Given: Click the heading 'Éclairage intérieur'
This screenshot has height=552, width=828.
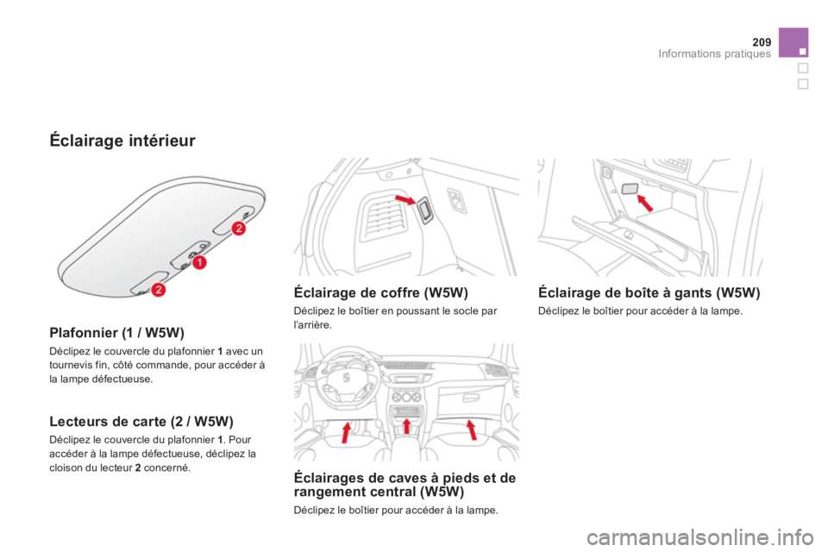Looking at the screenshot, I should (x=122, y=140).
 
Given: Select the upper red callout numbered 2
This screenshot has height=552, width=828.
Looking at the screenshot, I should (x=239, y=228).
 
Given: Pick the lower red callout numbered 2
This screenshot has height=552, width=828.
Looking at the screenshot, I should (x=160, y=290).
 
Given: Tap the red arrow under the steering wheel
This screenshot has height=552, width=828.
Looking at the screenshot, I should (x=347, y=432).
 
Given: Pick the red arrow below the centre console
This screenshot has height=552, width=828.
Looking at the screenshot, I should (x=407, y=426).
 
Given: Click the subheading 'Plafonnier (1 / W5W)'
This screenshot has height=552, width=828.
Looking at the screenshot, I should (x=116, y=330).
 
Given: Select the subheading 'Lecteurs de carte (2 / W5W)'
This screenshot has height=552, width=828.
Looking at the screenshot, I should (x=140, y=422).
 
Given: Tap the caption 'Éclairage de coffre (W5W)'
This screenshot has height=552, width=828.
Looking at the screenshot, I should (x=380, y=293).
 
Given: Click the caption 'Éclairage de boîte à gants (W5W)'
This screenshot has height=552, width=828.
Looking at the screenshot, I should (x=649, y=293).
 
